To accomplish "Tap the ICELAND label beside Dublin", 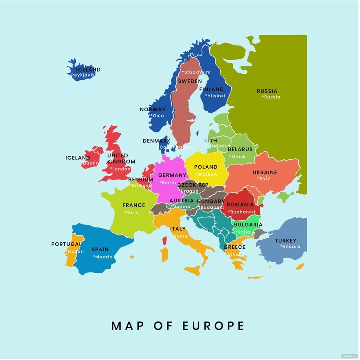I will tap(77, 158).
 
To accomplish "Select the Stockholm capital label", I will tap(196, 72).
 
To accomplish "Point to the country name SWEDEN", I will tap(190, 81).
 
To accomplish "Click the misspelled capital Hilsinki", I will tap(215, 96).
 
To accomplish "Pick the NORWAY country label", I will tap(153, 109).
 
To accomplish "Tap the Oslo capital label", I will tap(157, 116).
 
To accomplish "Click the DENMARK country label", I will tap(156, 141).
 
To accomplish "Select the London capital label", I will tap(120, 169).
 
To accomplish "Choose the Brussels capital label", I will tap(141, 186).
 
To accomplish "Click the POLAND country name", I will tap(206, 167).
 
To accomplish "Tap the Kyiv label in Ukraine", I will tap(264, 178).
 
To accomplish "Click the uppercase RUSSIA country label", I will tap(267, 91).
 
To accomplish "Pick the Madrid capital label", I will tap(103, 257).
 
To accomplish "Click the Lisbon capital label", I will tap(74, 252).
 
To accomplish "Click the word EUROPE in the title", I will tap(212, 326).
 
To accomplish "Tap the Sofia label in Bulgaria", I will tap(243, 232).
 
